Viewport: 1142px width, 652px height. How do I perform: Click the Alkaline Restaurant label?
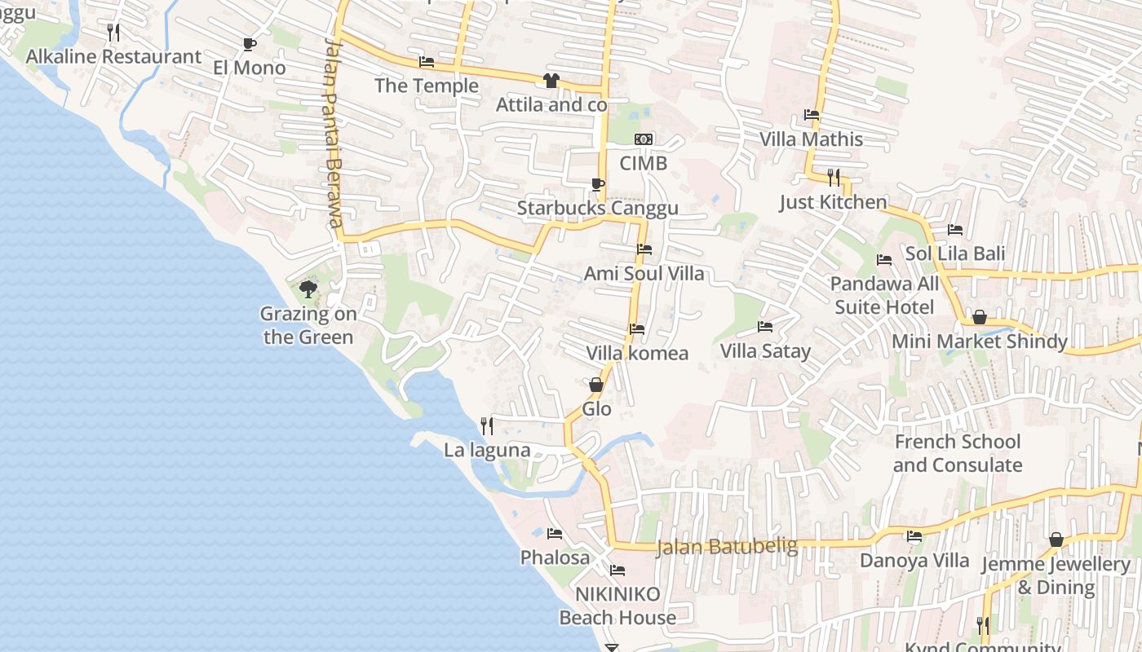pyautogui.click(x=113, y=57)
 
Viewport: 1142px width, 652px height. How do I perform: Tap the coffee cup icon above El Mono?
pyautogui.click(x=250, y=44)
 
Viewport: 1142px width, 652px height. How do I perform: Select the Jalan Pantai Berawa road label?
pyautogui.click(x=333, y=134)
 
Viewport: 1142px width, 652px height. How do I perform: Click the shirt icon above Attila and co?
pyautogui.click(x=551, y=81)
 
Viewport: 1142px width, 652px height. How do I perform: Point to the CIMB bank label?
pyautogui.click(x=643, y=163)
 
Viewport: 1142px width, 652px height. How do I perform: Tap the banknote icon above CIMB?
pyautogui.click(x=644, y=139)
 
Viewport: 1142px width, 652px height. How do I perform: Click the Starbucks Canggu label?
pyautogui.click(x=597, y=209)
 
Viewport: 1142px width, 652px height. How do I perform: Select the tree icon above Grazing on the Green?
pyautogui.click(x=308, y=289)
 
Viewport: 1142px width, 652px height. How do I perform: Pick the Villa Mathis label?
pyautogui.click(x=811, y=139)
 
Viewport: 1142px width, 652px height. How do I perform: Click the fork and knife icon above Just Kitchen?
pyautogui.click(x=833, y=177)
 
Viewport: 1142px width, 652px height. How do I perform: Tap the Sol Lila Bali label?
pyautogui.click(x=955, y=253)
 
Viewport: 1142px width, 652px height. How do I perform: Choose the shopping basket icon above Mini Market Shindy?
pyautogui.click(x=980, y=317)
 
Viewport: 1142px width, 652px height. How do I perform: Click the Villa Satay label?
pyautogui.click(x=765, y=351)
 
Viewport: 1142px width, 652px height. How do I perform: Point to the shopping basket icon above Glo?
pyautogui.click(x=596, y=385)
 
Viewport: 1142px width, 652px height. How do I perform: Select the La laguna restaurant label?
pyautogui.click(x=487, y=450)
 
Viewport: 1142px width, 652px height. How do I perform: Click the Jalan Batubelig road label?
pyautogui.click(x=727, y=546)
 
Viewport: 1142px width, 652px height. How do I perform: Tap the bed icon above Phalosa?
pyautogui.click(x=555, y=534)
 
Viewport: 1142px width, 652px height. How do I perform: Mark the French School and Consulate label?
pyautogui.click(x=958, y=453)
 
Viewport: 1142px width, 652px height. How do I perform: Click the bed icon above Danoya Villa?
pyautogui.click(x=914, y=536)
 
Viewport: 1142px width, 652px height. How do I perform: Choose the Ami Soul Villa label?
pyautogui.click(x=644, y=274)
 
